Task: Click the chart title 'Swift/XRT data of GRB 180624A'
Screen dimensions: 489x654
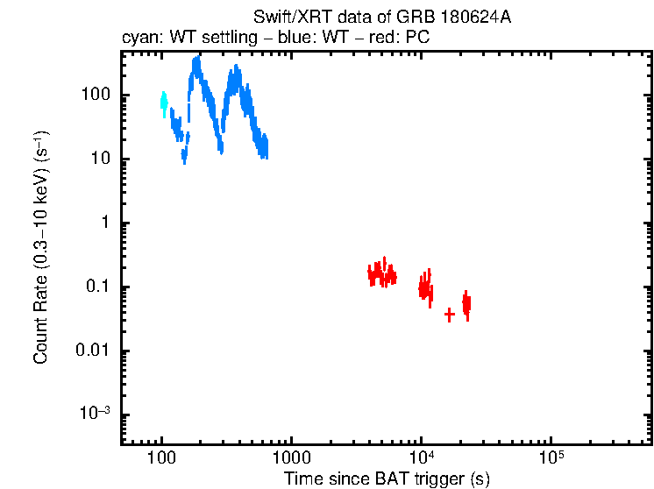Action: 382,18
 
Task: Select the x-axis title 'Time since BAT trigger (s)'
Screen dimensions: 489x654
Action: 387,478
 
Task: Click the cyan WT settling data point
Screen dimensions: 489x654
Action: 163,103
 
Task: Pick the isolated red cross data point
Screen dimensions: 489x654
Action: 450,314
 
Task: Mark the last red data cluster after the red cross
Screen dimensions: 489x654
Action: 466,304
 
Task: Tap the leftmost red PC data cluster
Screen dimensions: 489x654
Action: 381,273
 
